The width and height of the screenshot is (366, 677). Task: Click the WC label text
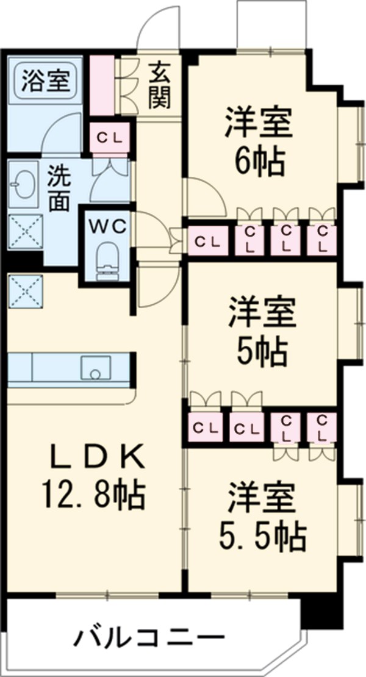pos(108,226)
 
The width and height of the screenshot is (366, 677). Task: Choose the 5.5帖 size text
pos(262,534)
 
